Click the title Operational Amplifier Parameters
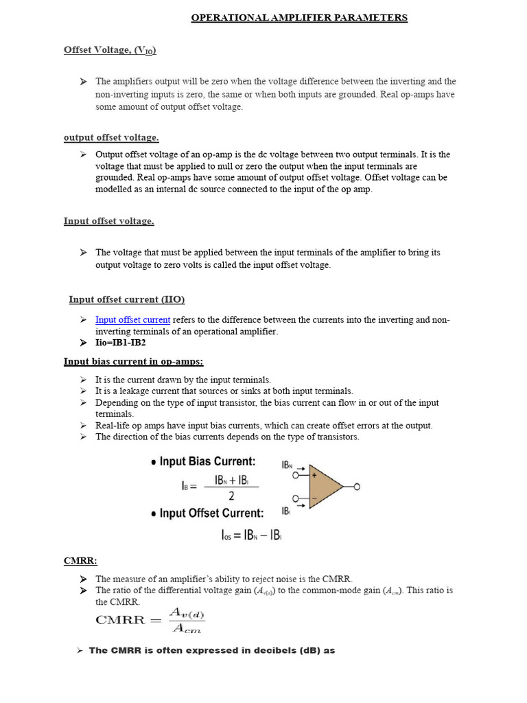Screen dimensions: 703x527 [299, 18]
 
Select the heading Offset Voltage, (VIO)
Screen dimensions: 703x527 [110, 50]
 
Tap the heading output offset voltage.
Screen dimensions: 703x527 [111, 138]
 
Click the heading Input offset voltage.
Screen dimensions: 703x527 [109, 221]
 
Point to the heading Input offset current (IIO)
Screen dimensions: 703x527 [127, 299]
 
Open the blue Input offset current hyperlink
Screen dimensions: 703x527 [132, 320]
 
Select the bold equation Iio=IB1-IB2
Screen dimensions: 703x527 [121, 343]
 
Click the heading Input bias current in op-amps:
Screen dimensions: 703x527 [134, 362]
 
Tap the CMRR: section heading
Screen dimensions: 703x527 [79, 562]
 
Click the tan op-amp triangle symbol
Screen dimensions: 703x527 [323, 487]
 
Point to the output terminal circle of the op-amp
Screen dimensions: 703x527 [356, 487]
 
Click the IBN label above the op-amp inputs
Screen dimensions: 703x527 [288, 465]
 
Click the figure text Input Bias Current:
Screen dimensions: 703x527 [207, 462]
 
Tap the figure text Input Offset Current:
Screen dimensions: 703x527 [211, 513]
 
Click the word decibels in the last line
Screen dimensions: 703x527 [250, 650]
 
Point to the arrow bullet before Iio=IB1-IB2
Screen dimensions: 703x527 [83, 343]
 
